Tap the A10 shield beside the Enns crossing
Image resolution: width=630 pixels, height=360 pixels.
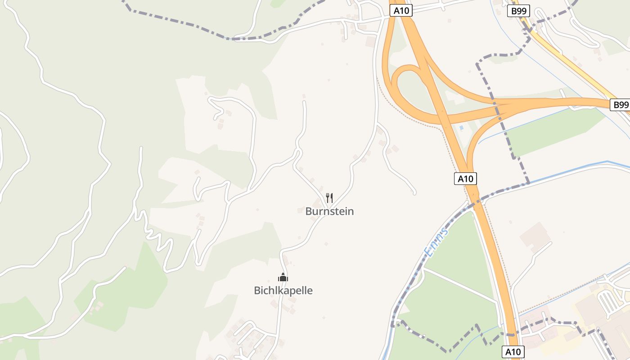tap(465, 179)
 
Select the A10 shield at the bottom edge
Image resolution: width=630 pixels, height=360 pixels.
tap(513, 351)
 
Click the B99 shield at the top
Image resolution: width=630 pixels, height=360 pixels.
tap(519, 11)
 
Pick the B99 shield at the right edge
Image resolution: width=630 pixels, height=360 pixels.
tap(621, 105)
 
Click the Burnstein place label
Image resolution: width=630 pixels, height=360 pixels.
tap(329, 211)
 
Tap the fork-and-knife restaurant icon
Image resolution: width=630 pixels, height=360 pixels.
tap(329, 198)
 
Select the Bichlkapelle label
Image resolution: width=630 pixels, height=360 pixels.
tap(283, 291)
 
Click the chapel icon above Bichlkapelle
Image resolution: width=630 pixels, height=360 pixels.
tap(283, 277)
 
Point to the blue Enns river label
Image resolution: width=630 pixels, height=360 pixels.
tap(436, 243)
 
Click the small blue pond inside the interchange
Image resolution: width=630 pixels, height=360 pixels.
tap(461, 128)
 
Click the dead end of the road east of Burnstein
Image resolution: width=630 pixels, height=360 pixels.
tap(414, 193)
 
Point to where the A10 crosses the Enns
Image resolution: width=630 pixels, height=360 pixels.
tap(475, 199)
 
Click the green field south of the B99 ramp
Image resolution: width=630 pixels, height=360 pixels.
tap(553, 133)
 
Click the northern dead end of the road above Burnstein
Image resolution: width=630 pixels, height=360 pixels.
tap(304, 103)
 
